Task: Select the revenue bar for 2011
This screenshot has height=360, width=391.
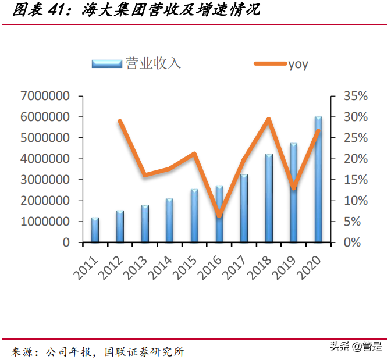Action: [x=95, y=230]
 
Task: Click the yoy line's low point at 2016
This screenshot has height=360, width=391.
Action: [x=219, y=216]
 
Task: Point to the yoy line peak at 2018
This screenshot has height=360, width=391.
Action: [x=269, y=119]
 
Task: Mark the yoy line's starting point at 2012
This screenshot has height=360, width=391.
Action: [x=119, y=121]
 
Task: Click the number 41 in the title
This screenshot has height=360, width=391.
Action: [x=58, y=10]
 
